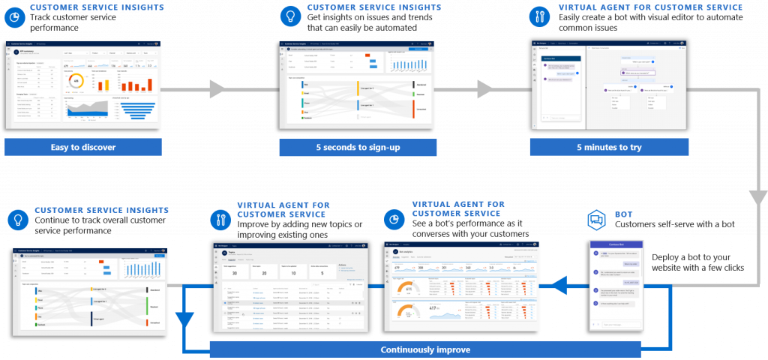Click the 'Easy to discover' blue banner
point(83,147)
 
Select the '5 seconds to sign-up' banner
point(358,147)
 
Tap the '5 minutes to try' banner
point(608,147)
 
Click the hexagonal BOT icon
point(597,220)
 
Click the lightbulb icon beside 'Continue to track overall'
point(16,219)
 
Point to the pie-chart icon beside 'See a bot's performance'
point(394,219)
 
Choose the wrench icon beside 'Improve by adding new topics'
point(219,219)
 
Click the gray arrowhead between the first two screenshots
point(217,90)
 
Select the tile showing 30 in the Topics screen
point(234,272)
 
